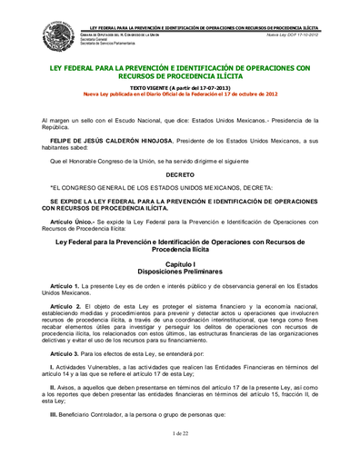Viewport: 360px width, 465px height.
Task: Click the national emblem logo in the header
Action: tap(60, 36)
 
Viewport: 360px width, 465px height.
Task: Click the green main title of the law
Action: tap(181, 73)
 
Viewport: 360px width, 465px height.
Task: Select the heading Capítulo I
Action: tap(180, 238)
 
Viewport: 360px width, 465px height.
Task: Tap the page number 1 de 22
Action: tap(180, 434)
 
